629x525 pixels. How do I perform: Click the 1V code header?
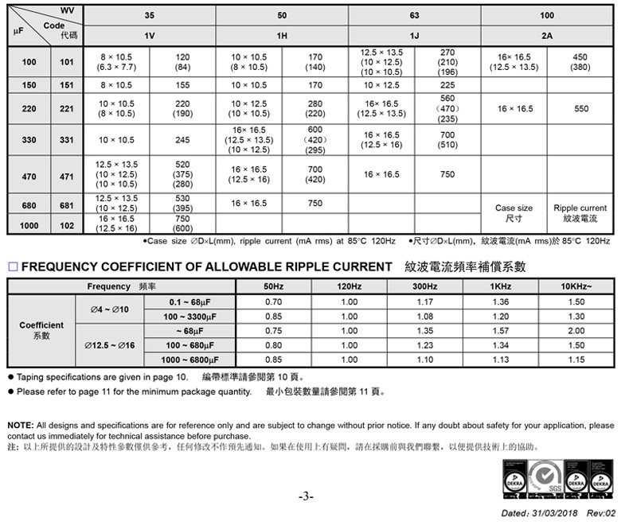point(149,37)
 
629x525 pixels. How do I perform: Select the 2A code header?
point(546,37)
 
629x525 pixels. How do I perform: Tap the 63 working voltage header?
point(414,16)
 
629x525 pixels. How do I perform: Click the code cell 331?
point(67,140)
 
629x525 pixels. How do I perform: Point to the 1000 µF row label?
point(29,226)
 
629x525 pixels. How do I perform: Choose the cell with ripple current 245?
point(182,140)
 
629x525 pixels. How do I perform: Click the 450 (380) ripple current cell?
point(580,62)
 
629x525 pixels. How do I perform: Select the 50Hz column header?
point(273,286)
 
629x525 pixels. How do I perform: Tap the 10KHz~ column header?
point(576,286)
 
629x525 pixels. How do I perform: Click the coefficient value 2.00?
point(576,331)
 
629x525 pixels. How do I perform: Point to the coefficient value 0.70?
point(273,301)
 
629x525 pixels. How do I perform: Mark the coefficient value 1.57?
point(501,331)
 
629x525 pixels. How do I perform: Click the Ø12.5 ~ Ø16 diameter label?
point(109,345)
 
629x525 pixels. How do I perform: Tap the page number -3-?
point(306,497)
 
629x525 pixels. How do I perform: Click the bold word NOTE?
point(20,426)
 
